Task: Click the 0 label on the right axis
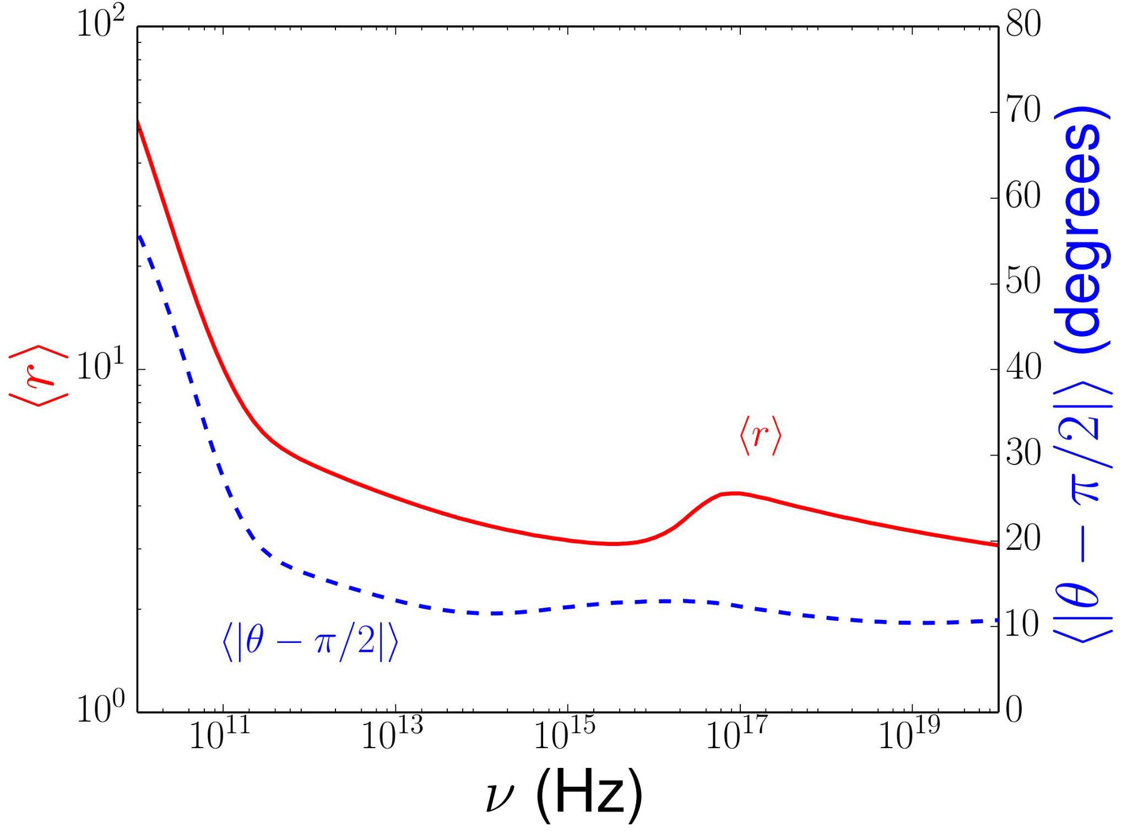tap(1015, 710)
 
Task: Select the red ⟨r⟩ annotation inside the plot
tap(761, 436)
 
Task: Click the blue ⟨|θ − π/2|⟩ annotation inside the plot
tap(310, 641)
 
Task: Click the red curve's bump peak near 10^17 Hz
tap(734, 493)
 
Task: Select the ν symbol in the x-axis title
tap(500, 797)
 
